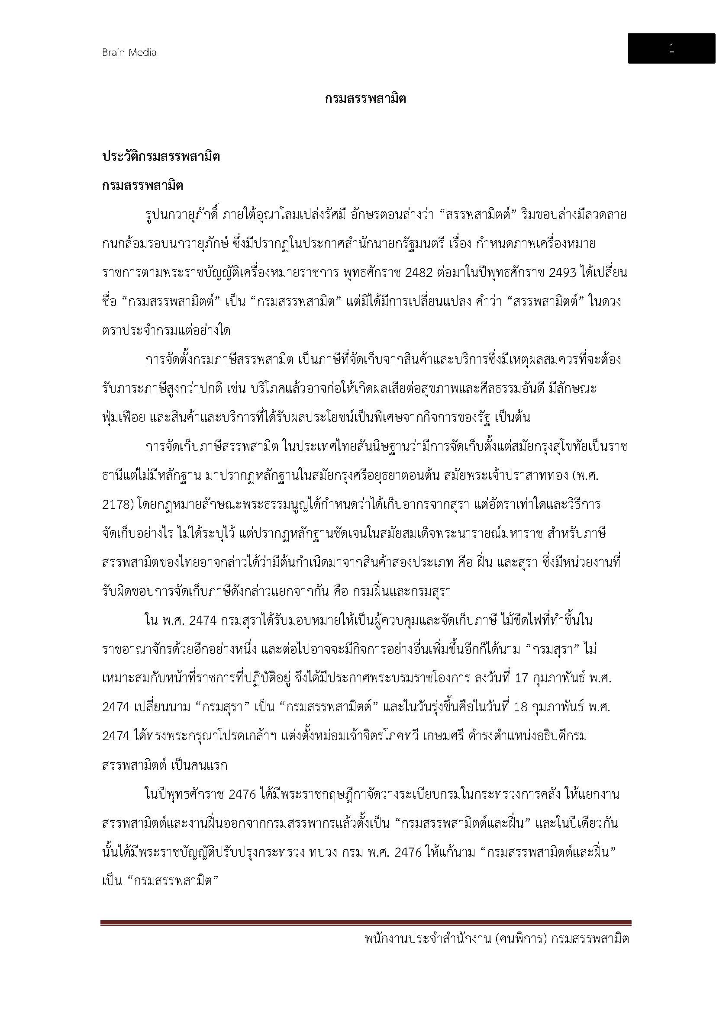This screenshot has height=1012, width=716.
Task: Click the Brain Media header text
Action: click(129, 52)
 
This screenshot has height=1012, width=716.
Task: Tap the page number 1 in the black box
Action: click(671, 48)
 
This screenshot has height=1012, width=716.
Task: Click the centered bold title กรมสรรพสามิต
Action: click(365, 99)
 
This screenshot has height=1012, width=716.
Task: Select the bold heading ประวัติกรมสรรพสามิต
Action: click(161, 157)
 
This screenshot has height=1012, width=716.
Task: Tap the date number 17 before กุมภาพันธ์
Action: click(521, 678)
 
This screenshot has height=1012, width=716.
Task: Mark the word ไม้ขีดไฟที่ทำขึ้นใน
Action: click(547, 620)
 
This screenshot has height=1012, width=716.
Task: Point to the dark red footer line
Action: click(365, 935)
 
